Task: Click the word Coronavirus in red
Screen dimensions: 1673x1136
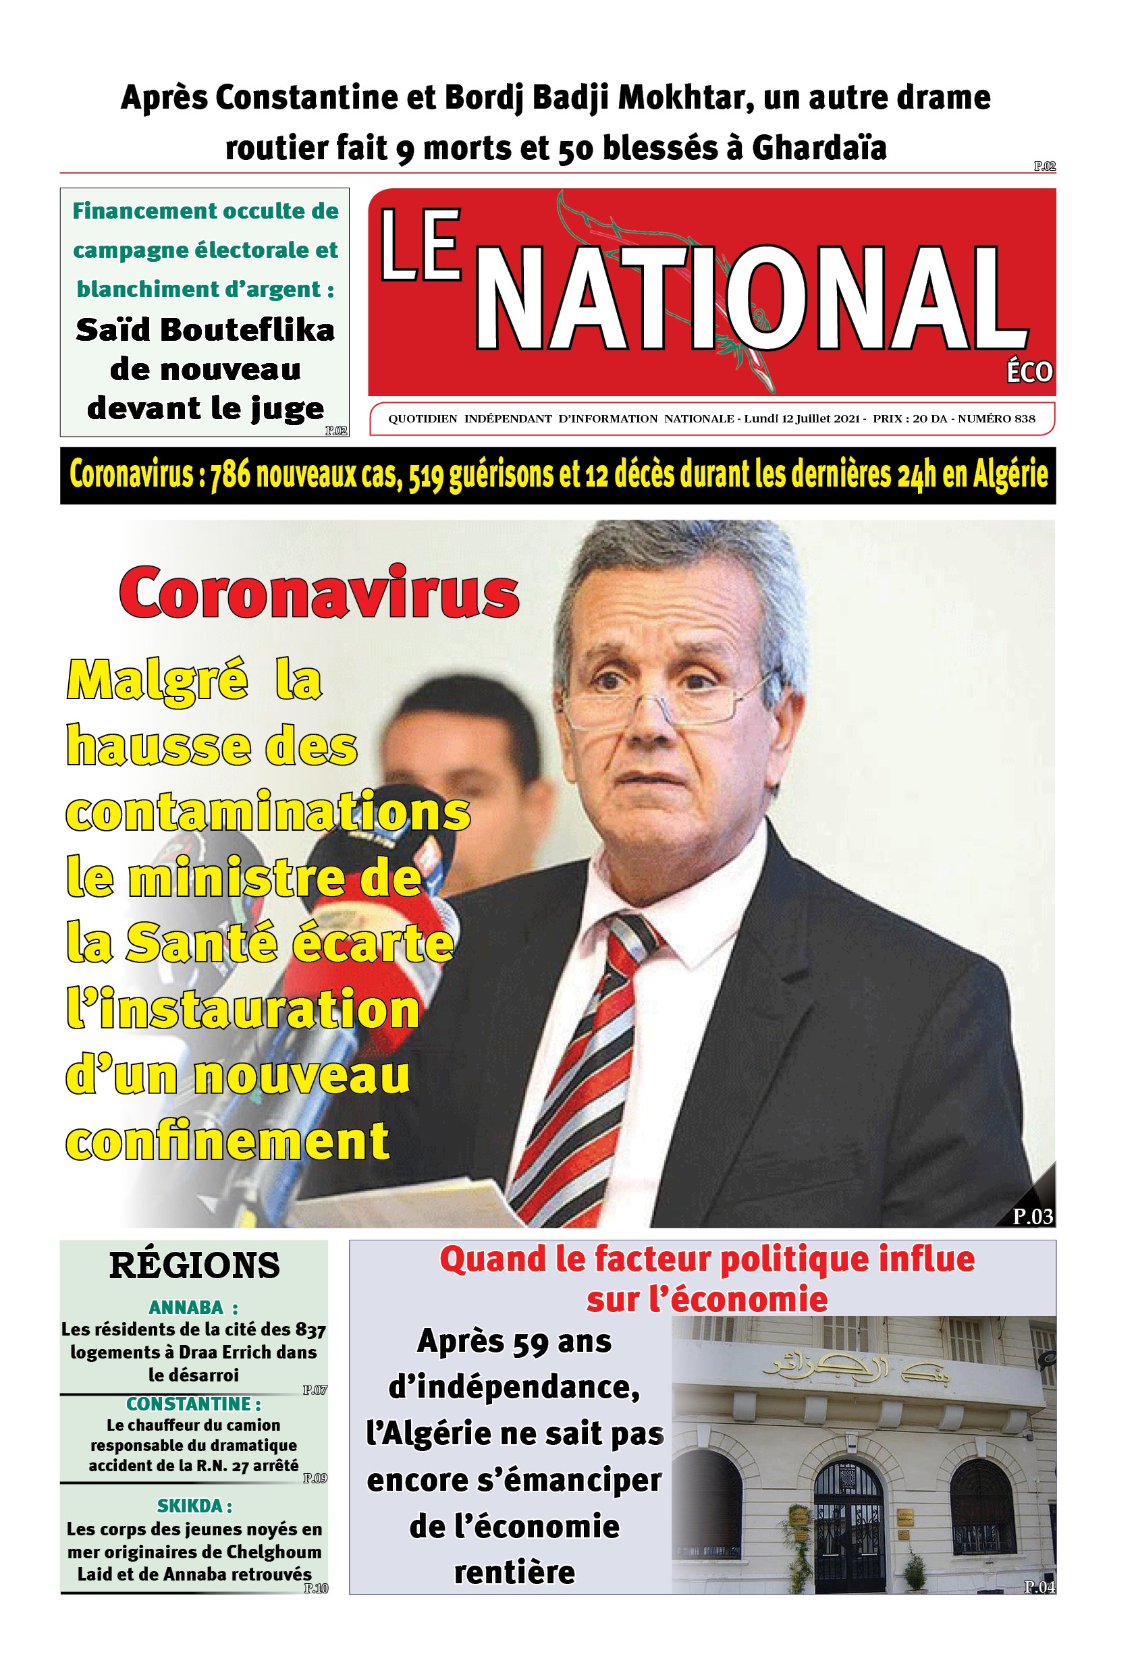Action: coord(318,593)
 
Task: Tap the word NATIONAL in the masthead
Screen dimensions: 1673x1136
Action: coord(749,299)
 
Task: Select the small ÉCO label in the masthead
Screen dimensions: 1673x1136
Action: coord(1029,372)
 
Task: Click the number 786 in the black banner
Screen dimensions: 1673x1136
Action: coord(229,475)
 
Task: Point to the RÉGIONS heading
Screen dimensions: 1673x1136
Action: coord(194,1265)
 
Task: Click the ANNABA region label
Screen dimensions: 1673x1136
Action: coord(192,1307)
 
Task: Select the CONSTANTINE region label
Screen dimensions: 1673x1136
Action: coord(192,1403)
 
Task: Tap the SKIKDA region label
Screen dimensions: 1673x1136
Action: coord(194,1505)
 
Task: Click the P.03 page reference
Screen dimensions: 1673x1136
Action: coord(1032,1216)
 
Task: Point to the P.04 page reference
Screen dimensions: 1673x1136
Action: coord(1039,1586)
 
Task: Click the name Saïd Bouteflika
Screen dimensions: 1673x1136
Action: coord(205,330)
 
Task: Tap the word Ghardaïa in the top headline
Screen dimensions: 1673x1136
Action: coord(819,148)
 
